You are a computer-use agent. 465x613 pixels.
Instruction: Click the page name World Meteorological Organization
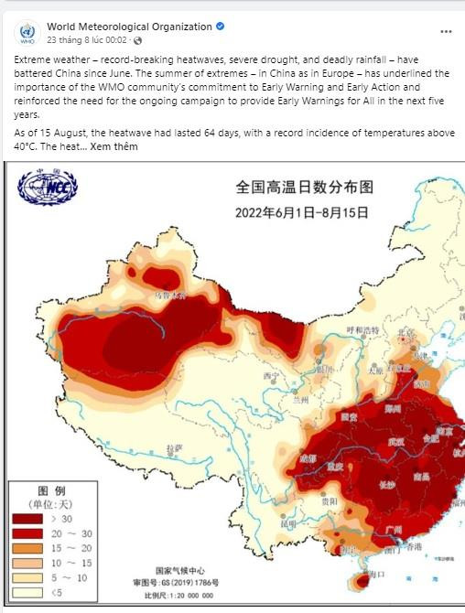coord(129,27)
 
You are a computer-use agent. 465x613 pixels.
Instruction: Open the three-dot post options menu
coord(445,31)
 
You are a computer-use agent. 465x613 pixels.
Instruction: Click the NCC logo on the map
coord(48,188)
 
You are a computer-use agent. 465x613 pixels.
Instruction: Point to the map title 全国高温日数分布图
coord(305,188)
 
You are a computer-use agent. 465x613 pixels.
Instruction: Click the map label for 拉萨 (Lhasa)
coord(174,447)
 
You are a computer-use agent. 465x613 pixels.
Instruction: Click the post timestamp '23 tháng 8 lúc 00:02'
coord(87,41)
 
